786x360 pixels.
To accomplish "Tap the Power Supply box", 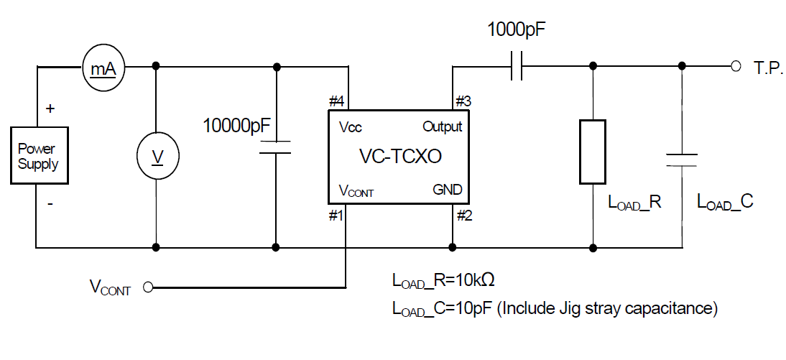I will pos(38,156).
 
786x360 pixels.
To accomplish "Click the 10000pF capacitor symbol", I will pos(275,147).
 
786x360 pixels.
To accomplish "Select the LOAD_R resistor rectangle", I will pos(593,152).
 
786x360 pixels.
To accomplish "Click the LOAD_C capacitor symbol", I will pos(680,159).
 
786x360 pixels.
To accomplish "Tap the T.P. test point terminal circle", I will pos(735,66).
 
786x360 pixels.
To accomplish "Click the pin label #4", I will pos(336,101).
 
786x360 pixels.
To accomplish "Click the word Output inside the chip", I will pos(442,127).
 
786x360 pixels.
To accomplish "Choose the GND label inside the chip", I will pos(447,190).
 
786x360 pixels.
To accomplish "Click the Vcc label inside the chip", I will pos(350,128).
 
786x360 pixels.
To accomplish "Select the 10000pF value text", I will pos(237,126).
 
